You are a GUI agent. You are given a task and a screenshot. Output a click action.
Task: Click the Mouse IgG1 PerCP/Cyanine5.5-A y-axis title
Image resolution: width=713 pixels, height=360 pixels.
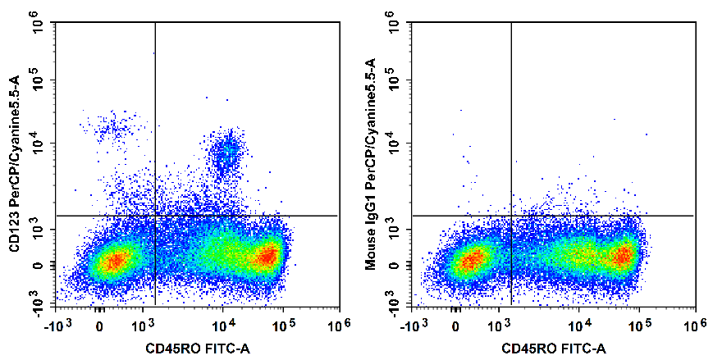[x=370, y=164]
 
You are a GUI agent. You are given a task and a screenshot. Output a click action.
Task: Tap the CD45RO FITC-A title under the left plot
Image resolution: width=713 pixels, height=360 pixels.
[x=197, y=350]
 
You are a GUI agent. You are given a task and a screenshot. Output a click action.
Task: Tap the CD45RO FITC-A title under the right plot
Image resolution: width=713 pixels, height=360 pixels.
[x=554, y=350]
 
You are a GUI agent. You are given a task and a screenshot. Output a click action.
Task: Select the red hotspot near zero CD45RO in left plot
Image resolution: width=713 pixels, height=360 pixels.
[x=115, y=261]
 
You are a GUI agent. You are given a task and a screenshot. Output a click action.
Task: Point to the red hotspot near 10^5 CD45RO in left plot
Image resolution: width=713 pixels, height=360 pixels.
[x=267, y=256]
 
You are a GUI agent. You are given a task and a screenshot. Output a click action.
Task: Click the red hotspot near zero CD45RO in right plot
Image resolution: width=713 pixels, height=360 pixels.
[x=470, y=262]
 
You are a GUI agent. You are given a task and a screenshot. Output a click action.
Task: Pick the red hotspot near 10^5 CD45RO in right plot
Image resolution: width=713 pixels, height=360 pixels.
[x=624, y=256]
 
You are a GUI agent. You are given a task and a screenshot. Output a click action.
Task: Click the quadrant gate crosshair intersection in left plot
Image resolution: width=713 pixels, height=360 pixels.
[x=155, y=216]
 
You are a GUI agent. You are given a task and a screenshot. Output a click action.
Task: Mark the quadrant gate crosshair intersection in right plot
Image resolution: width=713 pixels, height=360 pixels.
[x=511, y=216]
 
